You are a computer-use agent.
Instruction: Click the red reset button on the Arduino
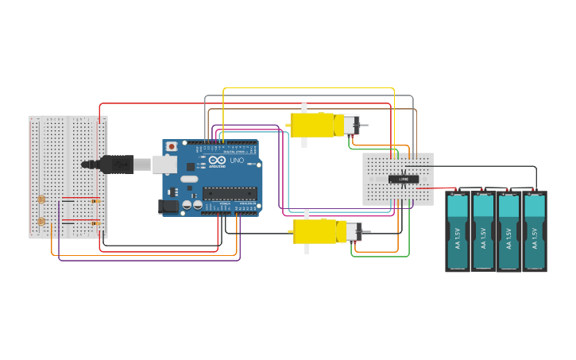(x=171, y=147)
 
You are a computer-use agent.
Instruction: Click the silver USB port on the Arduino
(x=164, y=165)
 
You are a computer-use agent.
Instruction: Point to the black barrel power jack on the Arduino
(x=168, y=206)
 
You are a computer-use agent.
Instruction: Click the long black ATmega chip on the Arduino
(x=230, y=192)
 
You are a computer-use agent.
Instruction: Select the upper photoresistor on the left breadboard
(x=41, y=199)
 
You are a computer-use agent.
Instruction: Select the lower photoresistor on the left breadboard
(x=41, y=222)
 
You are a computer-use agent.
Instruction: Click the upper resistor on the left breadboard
(x=95, y=202)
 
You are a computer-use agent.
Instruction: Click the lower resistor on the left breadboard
(x=95, y=224)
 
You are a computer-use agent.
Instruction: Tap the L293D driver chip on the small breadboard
(x=404, y=179)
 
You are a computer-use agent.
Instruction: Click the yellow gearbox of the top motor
(x=315, y=125)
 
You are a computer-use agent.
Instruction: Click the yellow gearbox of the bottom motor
(x=317, y=232)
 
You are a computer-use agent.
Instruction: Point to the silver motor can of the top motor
(x=350, y=125)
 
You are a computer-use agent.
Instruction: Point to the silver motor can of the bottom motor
(x=352, y=232)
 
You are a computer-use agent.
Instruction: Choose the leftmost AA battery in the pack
(x=458, y=231)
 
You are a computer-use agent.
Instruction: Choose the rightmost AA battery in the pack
(x=535, y=231)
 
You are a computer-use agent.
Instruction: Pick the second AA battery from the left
(x=484, y=231)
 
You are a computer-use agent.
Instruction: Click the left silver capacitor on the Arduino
(x=187, y=205)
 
